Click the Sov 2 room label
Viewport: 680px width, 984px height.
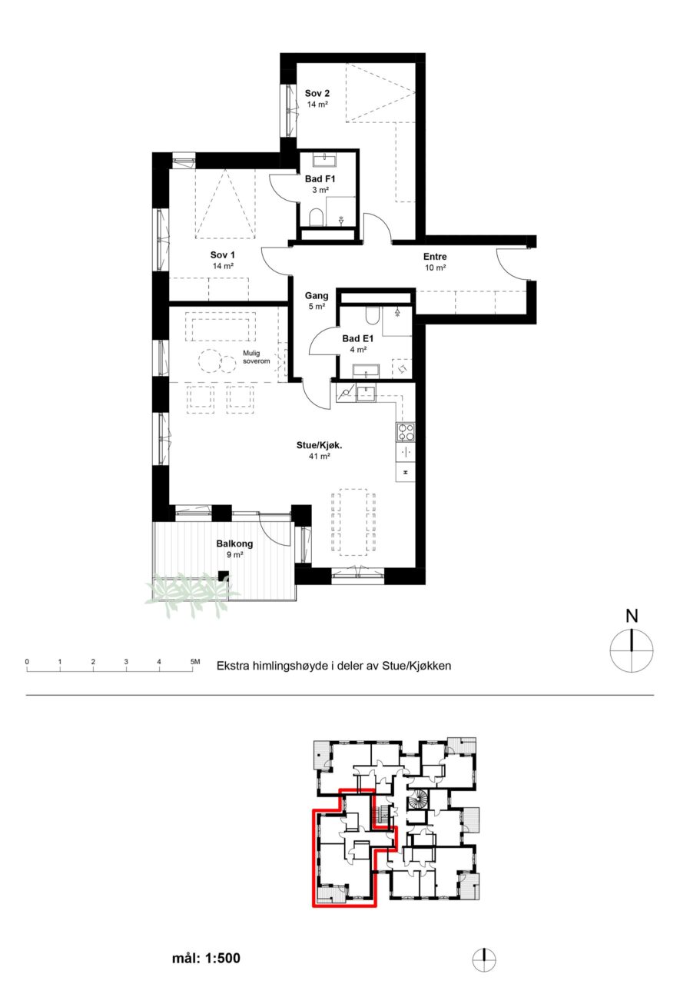[x=317, y=93]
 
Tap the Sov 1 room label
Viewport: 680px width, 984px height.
[x=223, y=254]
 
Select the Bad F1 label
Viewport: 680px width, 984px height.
[x=320, y=179]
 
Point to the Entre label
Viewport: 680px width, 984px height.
[x=435, y=257]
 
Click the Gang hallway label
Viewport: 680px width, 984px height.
[x=317, y=296]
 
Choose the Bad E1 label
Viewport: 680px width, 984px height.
[x=358, y=339]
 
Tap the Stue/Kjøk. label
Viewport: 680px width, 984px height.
[x=319, y=445]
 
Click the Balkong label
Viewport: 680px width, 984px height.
[x=234, y=544]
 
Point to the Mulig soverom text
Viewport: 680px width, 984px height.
[x=257, y=357]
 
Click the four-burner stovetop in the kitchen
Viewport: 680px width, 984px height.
[x=405, y=432]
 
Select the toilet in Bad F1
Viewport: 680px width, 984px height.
[x=316, y=218]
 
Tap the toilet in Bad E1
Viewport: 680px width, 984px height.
[x=372, y=314]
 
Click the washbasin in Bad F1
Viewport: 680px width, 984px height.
[x=324, y=161]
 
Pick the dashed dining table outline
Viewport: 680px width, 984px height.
[x=353, y=522]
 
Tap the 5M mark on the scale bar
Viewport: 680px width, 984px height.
[x=195, y=661]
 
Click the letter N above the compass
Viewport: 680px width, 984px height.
[x=632, y=616]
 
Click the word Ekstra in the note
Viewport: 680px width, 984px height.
[x=231, y=666]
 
